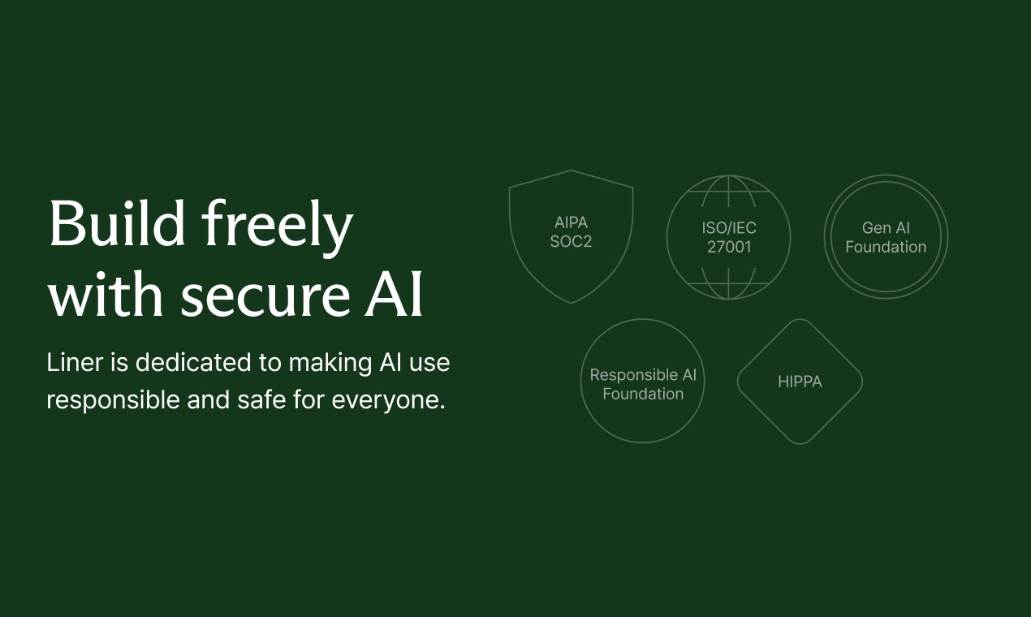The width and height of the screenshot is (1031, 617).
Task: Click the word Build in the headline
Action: pyautogui.click(x=117, y=223)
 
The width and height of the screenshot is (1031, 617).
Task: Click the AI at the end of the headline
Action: pyautogui.click(x=394, y=293)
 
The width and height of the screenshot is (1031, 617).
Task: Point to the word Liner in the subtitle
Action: pyautogui.click(x=75, y=362)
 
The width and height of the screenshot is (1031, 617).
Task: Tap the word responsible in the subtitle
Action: pyautogui.click(x=113, y=400)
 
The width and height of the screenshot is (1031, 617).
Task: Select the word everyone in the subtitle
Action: pyautogui.click(x=389, y=400)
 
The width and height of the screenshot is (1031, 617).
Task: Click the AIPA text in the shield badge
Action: pyautogui.click(x=572, y=222)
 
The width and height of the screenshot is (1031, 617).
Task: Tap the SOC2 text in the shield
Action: pyautogui.click(x=572, y=242)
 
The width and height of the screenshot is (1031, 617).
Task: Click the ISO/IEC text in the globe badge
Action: pyautogui.click(x=729, y=228)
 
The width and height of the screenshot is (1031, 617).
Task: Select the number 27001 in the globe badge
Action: pyautogui.click(x=729, y=247)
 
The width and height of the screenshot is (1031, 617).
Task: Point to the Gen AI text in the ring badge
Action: pyautogui.click(x=886, y=228)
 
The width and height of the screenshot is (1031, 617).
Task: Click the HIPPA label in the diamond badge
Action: pyautogui.click(x=800, y=382)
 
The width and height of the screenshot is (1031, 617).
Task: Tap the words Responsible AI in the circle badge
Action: pyautogui.click(x=643, y=375)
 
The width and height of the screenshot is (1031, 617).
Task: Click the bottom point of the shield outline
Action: pyautogui.click(x=572, y=303)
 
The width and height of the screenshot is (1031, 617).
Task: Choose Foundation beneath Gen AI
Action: pyautogui.click(x=886, y=247)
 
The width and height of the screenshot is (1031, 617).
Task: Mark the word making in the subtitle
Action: pyautogui.click(x=330, y=364)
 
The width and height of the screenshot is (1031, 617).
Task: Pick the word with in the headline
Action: pyautogui.click(x=106, y=293)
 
